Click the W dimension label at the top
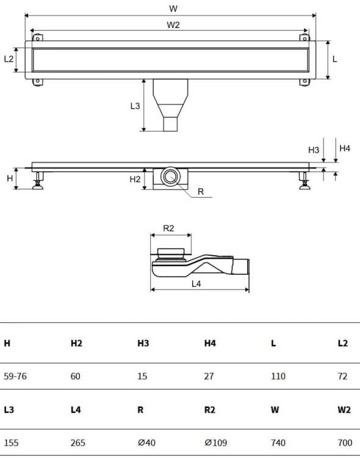point(173,9)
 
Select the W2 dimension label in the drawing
point(173,25)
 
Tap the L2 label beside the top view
point(9,59)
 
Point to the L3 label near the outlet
point(135,106)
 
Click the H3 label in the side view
point(314,150)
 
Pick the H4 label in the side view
point(345,148)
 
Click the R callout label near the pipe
point(201,192)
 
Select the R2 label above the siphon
point(168,228)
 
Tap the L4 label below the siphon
point(196,283)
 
